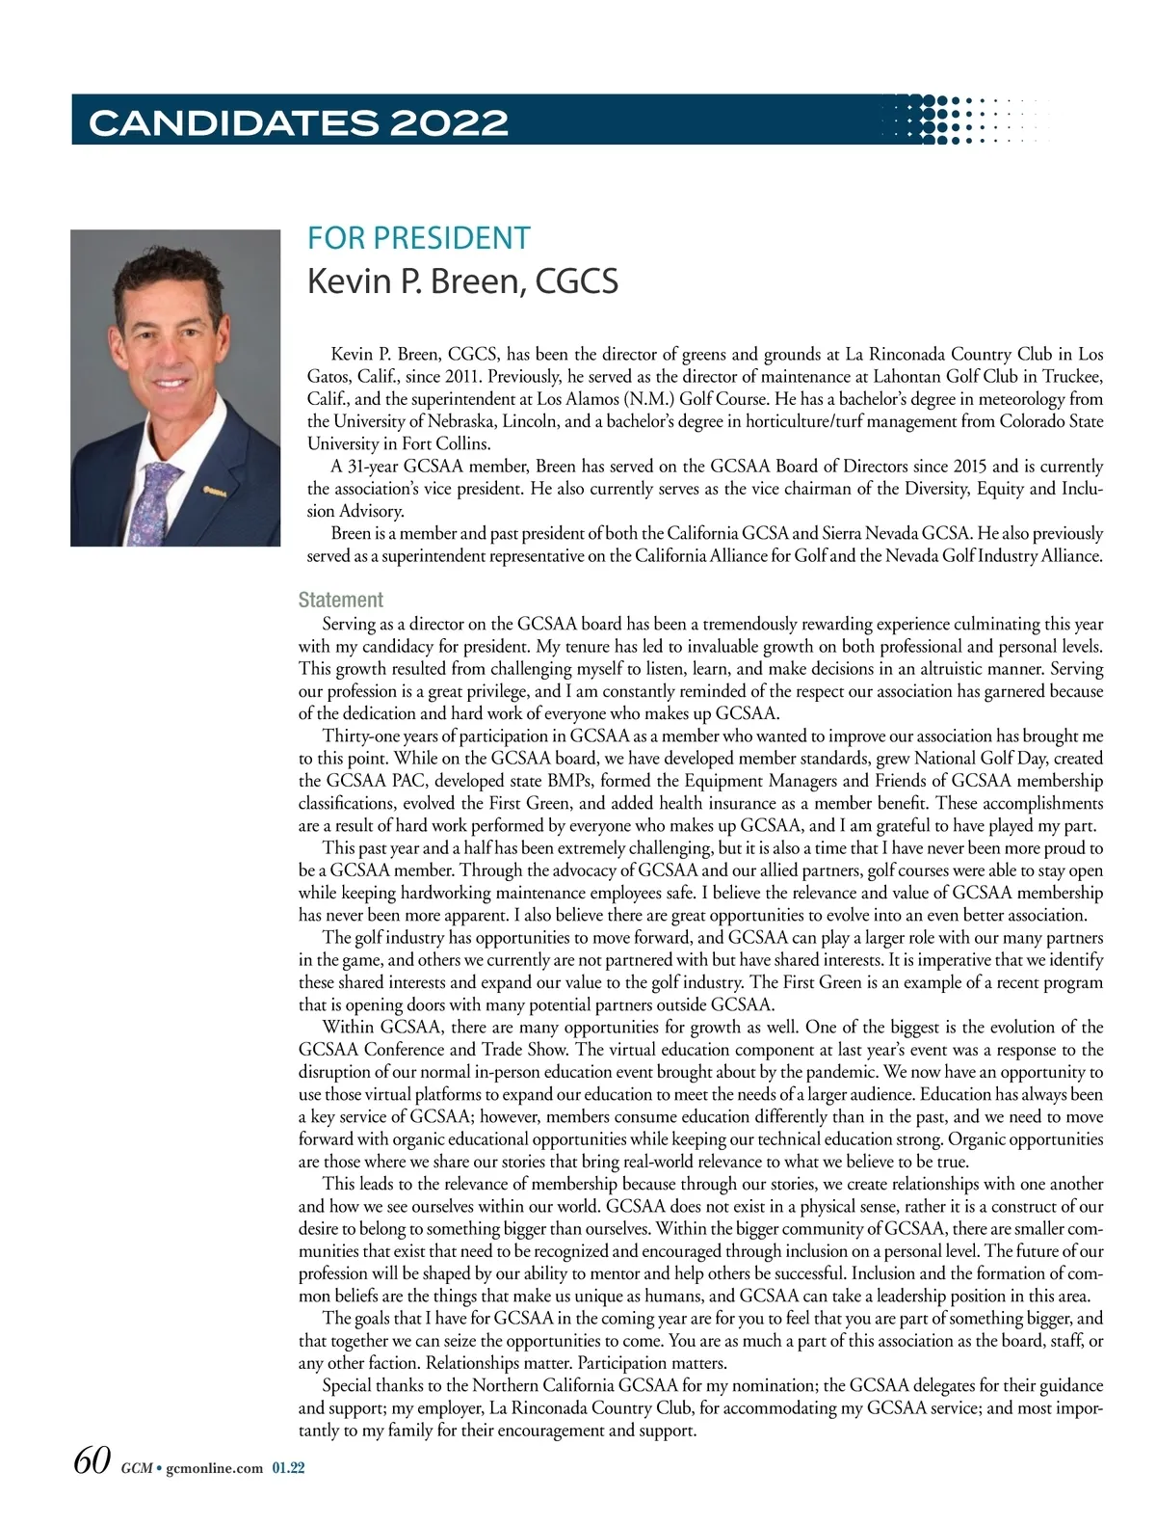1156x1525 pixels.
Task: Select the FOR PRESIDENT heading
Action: (x=418, y=237)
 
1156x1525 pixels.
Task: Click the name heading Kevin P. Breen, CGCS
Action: (x=462, y=281)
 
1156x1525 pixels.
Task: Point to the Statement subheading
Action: (x=340, y=600)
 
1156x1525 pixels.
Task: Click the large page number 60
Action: (x=92, y=1460)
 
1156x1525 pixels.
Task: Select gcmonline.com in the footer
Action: (x=214, y=1468)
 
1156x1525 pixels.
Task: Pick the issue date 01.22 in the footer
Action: (x=288, y=1468)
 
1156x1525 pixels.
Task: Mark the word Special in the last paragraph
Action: (x=350, y=1385)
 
